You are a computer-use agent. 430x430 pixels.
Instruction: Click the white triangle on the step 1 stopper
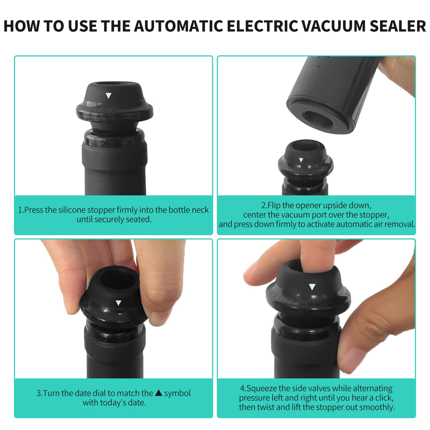coord(108,95)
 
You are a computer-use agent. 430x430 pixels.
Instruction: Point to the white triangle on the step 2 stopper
coord(301,160)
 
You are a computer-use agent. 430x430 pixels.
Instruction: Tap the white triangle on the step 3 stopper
coord(118,303)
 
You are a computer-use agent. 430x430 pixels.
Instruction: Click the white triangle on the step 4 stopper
coord(312,287)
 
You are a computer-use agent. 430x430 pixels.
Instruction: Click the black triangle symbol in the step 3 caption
coord(159,393)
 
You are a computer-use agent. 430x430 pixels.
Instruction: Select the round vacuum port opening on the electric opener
coord(318,119)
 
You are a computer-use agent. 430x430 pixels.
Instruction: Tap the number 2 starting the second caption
coord(263,205)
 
